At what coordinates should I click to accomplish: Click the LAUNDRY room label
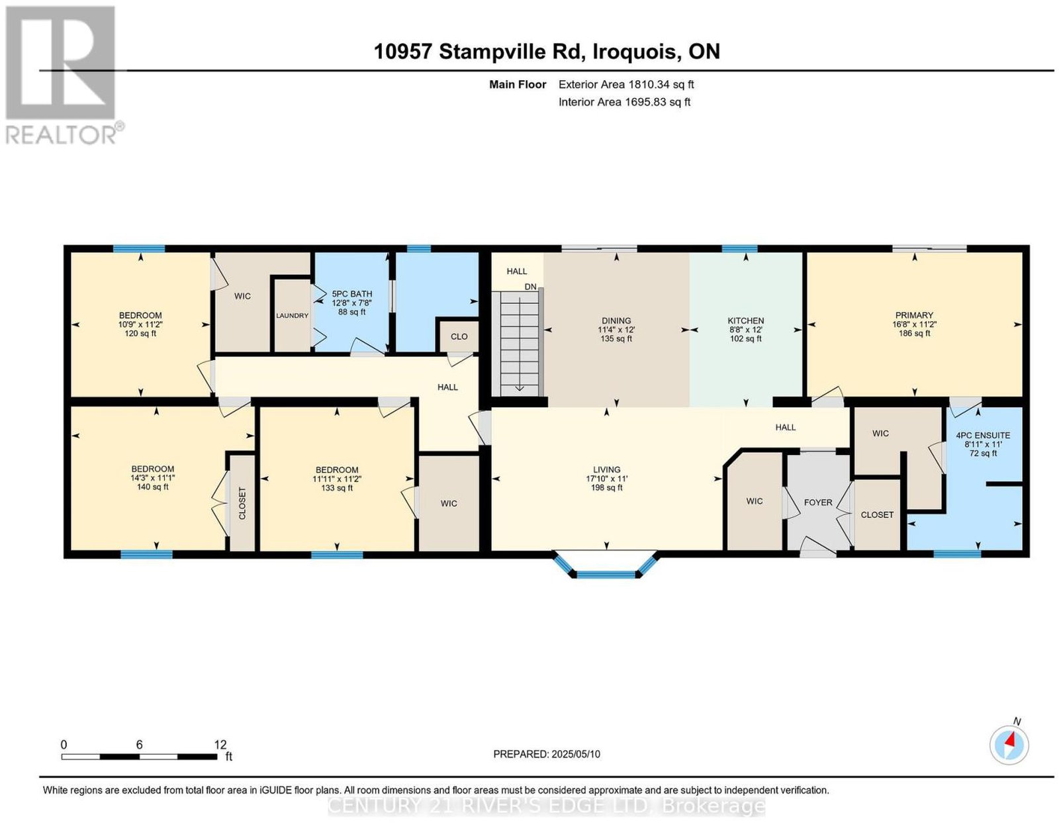coord(292,315)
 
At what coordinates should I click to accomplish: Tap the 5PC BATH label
coord(351,294)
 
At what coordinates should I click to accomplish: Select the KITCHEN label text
coord(745,320)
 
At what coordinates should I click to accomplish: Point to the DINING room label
coord(616,320)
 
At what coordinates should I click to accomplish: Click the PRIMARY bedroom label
coord(914,315)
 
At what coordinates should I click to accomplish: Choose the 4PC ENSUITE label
coord(982,435)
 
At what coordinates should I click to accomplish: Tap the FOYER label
coord(818,503)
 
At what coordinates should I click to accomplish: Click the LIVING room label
coord(606,469)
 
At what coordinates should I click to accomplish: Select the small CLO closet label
coord(459,336)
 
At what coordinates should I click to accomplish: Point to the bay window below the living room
coord(606,565)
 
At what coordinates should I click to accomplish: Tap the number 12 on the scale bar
coord(220,744)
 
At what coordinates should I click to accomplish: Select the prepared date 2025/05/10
coord(576,753)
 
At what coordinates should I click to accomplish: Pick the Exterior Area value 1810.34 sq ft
coord(661,84)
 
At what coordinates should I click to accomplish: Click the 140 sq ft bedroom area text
coord(152,487)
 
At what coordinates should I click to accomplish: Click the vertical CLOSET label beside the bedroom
coord(242,503)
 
